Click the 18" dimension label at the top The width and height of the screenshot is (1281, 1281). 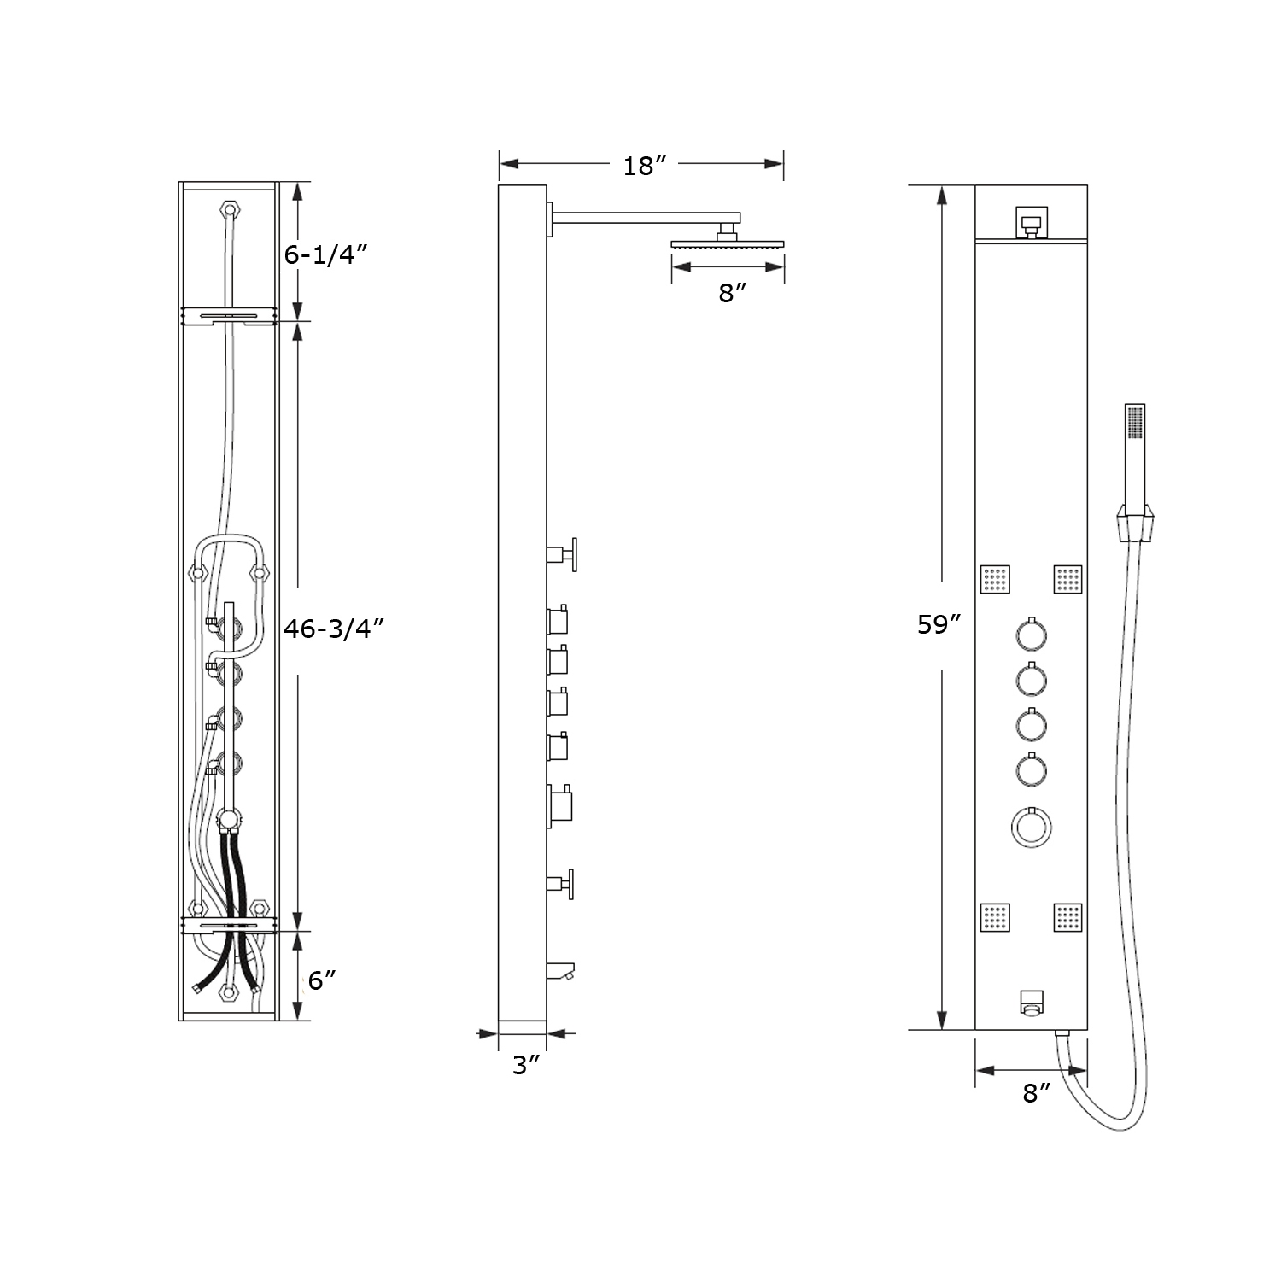tap(643, 166)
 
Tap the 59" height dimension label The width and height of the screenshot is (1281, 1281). tap(939, 625)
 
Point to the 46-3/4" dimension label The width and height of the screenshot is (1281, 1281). tap(334, 628)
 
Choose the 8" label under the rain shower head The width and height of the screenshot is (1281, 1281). tap(732, 294)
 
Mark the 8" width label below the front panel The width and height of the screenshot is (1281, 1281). tap(1036, 1092)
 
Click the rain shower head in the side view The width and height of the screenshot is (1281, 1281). tap(728, 244)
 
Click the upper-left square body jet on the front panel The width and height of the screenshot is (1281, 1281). tap(995, 580)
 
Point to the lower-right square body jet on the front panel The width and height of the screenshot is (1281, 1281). tap(1067, 917)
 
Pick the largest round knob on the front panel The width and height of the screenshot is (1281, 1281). tap(1031, 827)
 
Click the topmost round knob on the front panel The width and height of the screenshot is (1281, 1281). tap(1031, 635)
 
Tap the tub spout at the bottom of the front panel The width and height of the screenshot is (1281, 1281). tap(1032, 1003)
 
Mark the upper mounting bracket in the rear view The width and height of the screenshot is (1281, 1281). tap(228, 317)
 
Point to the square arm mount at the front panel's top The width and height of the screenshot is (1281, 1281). tap(1032, 221)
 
